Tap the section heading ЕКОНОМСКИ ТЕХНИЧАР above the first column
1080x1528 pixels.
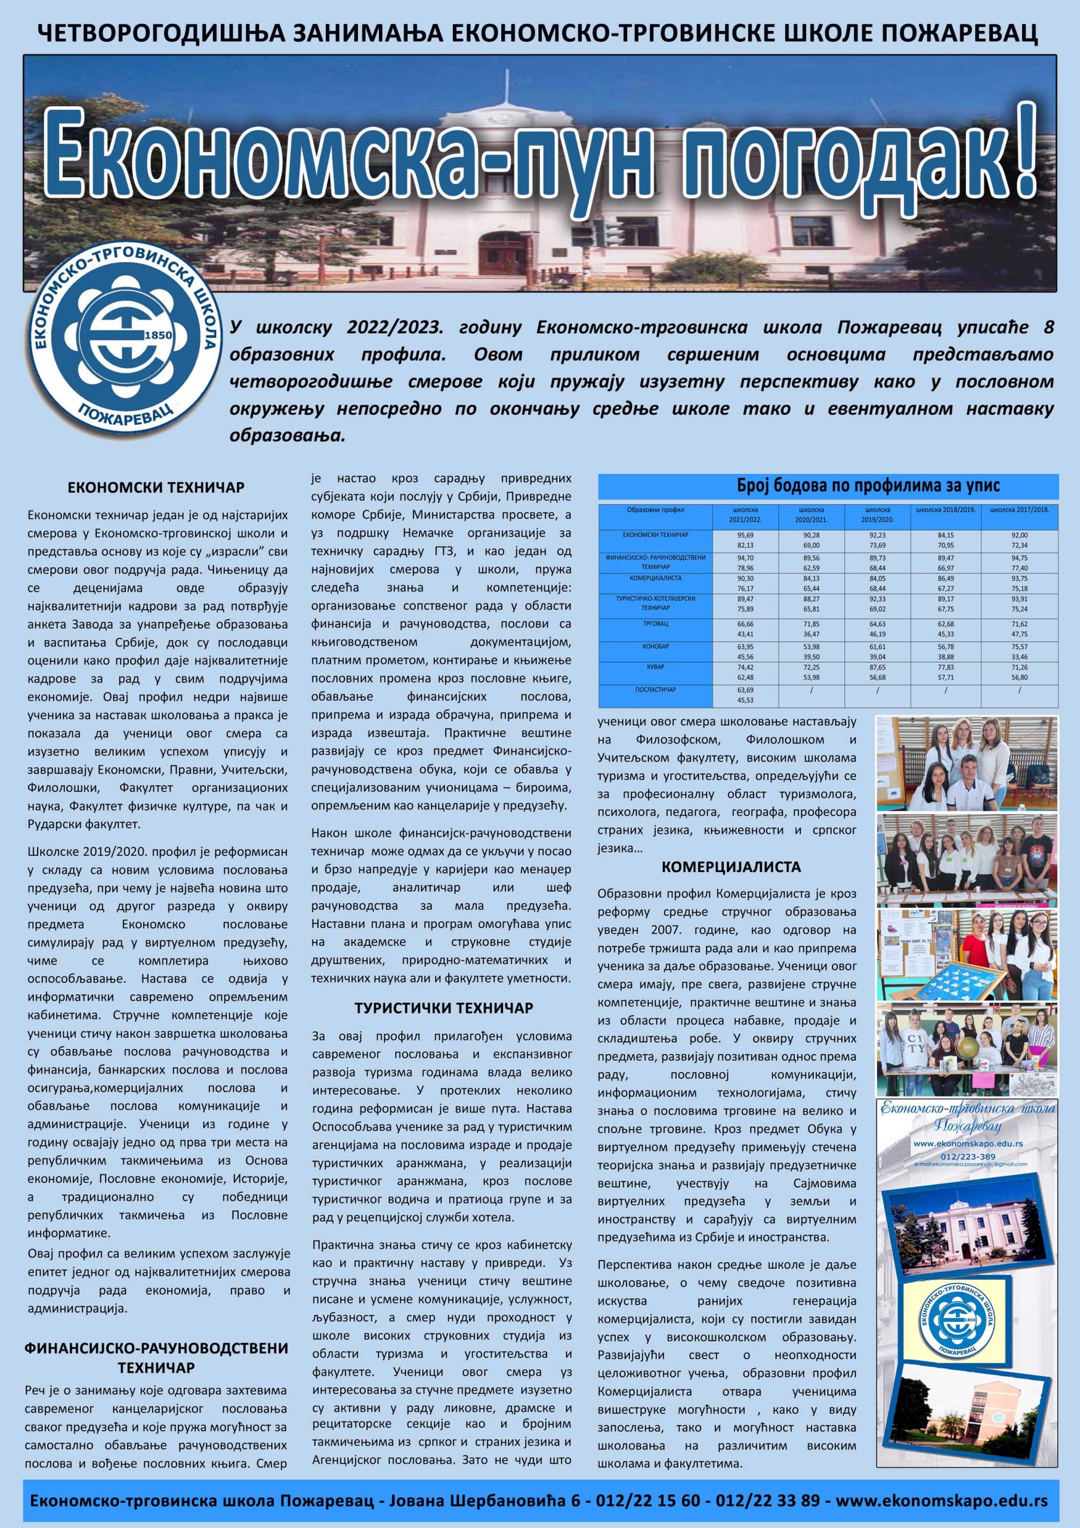(x=156, y=488)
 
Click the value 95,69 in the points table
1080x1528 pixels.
(x=745, y=535)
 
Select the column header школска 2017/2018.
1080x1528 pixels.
(x=1020, y=510)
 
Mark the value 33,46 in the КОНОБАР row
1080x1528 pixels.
(x=1020, y=656)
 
